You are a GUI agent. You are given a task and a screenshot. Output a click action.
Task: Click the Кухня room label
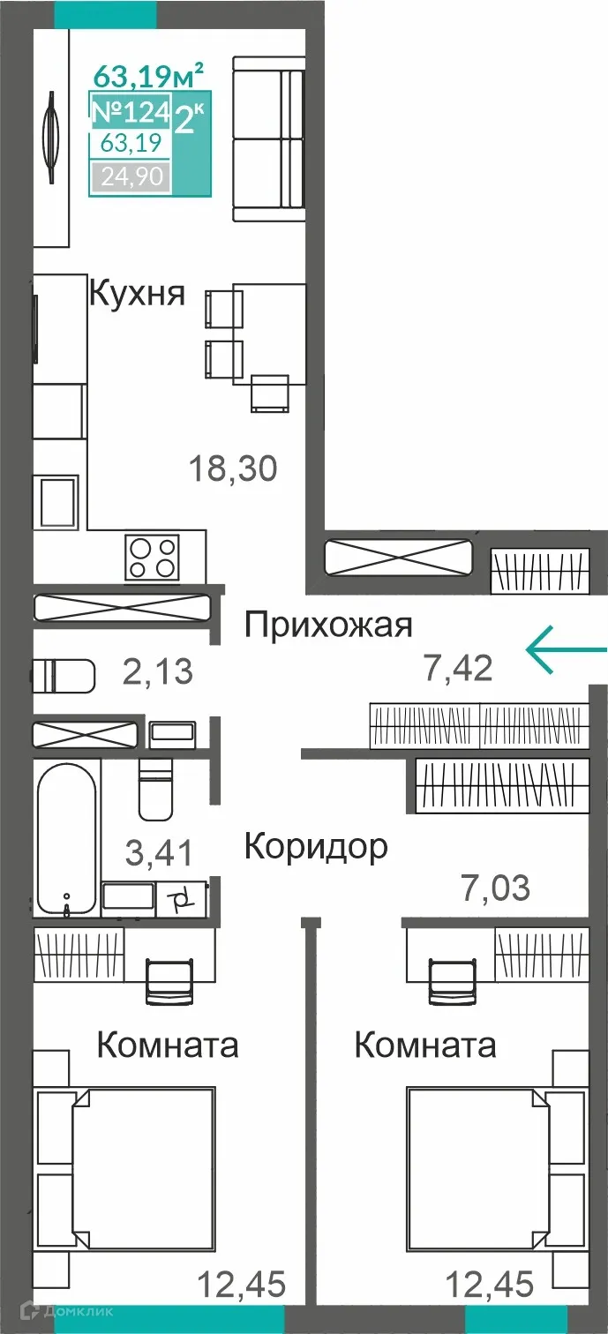coord(137,293)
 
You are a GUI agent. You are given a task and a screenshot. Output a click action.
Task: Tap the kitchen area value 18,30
coord(234,468)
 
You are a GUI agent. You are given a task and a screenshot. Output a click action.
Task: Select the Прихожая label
coord(328,626)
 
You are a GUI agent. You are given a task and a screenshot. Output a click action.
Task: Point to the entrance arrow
coord(566,650)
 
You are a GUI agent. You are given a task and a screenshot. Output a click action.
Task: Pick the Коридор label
coord(315,846)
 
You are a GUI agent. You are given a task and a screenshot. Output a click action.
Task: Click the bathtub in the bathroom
coord(66,838)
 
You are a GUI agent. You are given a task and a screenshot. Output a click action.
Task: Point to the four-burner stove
coord(153,558)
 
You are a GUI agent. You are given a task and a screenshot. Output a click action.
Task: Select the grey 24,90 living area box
coord(131,177)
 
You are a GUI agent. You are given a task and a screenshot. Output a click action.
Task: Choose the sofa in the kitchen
coord(269,139)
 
